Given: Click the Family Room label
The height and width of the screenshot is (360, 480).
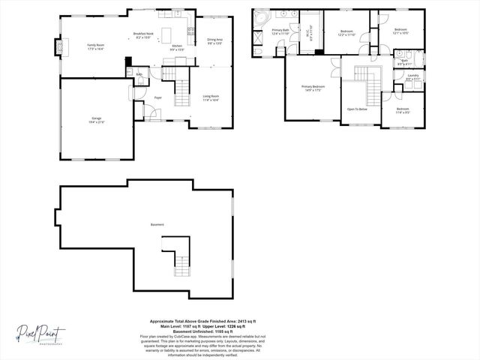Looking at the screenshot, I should pos(95,46).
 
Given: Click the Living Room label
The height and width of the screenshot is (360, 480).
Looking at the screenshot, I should pos(211,97).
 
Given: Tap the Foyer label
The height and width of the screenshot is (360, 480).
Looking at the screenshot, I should pos(158,97).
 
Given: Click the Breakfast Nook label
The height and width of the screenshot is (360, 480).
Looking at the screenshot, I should pos(143,34).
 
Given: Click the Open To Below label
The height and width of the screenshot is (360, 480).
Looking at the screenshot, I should pos(356,109).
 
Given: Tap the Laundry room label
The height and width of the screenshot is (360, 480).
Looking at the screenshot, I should pos(412,76).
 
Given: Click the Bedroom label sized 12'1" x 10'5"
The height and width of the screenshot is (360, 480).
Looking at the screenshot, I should pos(401,31).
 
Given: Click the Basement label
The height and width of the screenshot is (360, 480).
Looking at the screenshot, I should pos(157,224).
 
